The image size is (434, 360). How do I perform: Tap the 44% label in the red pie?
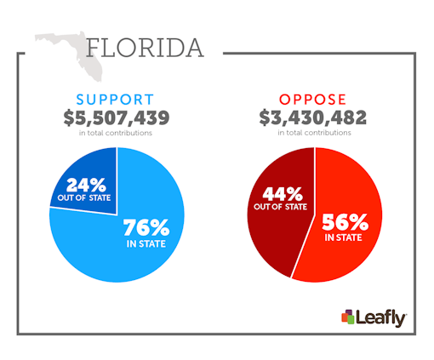click(x=283, y=193)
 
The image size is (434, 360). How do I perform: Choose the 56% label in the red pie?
click(x=345, y=223)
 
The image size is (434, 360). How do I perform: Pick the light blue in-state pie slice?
click(x=128, y=255)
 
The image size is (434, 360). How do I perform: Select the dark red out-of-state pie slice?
click(x=277, y=230)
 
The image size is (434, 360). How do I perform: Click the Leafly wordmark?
click(x=381, y=317)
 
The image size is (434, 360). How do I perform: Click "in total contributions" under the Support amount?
click(x=117, y=133)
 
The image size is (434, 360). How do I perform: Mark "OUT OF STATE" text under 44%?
click(x=283, y=209)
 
